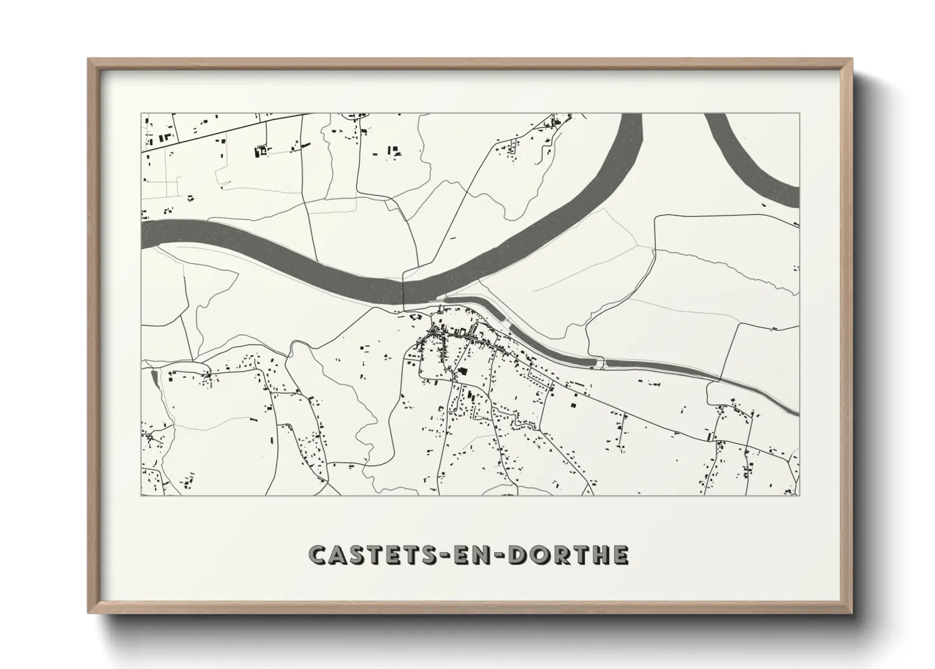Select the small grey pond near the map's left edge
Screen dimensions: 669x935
click(x=154, y=377)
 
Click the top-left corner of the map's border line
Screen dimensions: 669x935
click(x=142, y=114)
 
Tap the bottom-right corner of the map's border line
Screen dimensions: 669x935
click(x=799, y=495)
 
